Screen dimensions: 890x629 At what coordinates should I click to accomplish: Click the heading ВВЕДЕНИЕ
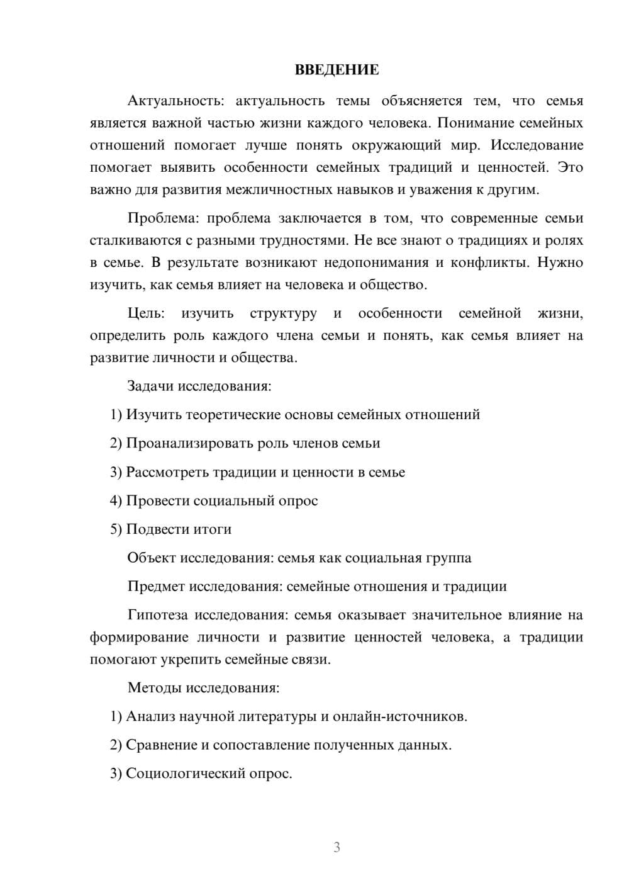click(x=337, y=70)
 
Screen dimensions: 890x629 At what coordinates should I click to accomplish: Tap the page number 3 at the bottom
click(x=337, y=847)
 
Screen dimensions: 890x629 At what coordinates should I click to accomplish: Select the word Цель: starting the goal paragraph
click(x=146, y=313)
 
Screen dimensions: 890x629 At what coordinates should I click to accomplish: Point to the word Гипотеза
click(x=157, y=615)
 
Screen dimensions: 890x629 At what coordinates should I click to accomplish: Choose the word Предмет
click(x=155, y=587)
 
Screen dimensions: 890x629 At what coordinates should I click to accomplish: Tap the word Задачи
click(x=150, y=386)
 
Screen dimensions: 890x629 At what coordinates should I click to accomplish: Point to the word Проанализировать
click(x=190, y=444)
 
